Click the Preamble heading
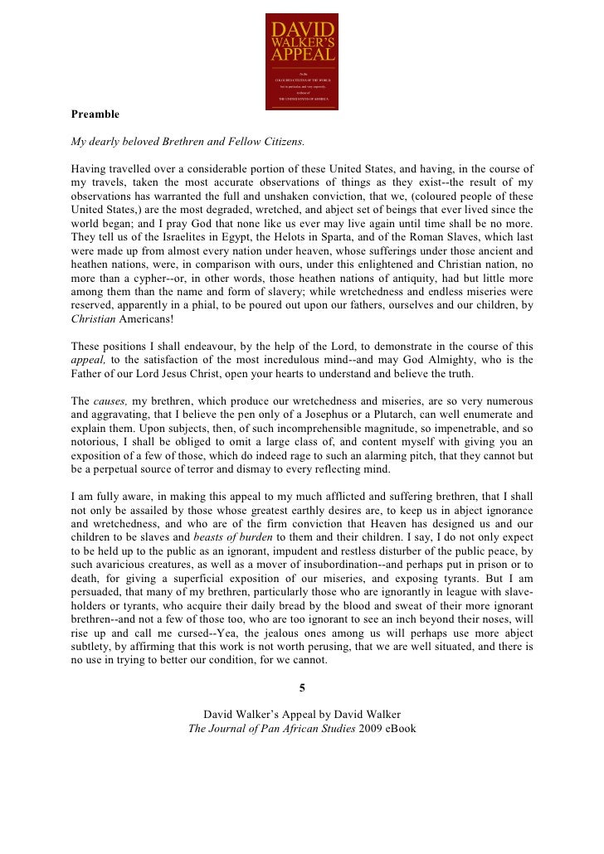(95, 114)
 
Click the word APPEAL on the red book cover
(302, 55)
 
